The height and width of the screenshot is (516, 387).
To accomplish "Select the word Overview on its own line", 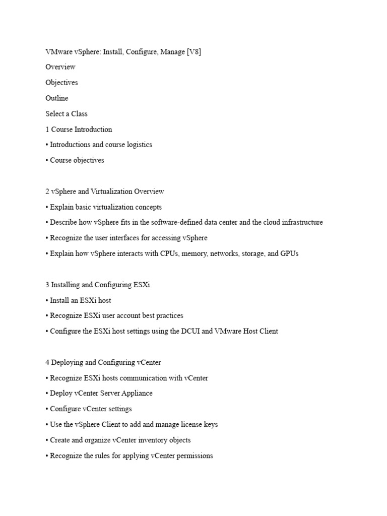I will pos(60,67).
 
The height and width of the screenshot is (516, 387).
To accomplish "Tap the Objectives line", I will pos(61,83).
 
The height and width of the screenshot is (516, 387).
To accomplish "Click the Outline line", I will pos(57,98).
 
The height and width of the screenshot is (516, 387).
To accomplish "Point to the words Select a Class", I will pos(67,114).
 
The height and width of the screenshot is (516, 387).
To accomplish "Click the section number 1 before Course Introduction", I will pos(47,130).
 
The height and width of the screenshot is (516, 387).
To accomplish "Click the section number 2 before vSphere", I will pos(47,191).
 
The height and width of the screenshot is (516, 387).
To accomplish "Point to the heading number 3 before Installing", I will pos(47,285).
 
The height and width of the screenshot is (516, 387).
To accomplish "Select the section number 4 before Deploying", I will pos(47,362).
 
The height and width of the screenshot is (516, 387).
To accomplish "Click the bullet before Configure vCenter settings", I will pos(47,409).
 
